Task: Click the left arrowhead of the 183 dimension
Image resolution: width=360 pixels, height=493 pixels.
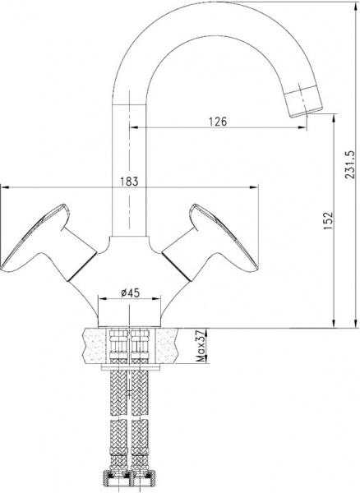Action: pyautogui.click(x=4, y=187)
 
